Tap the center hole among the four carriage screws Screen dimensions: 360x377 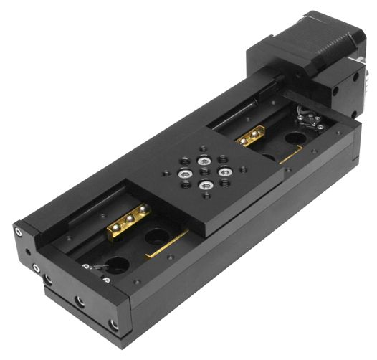click(204, 171)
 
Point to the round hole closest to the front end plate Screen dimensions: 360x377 click(119, 263)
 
